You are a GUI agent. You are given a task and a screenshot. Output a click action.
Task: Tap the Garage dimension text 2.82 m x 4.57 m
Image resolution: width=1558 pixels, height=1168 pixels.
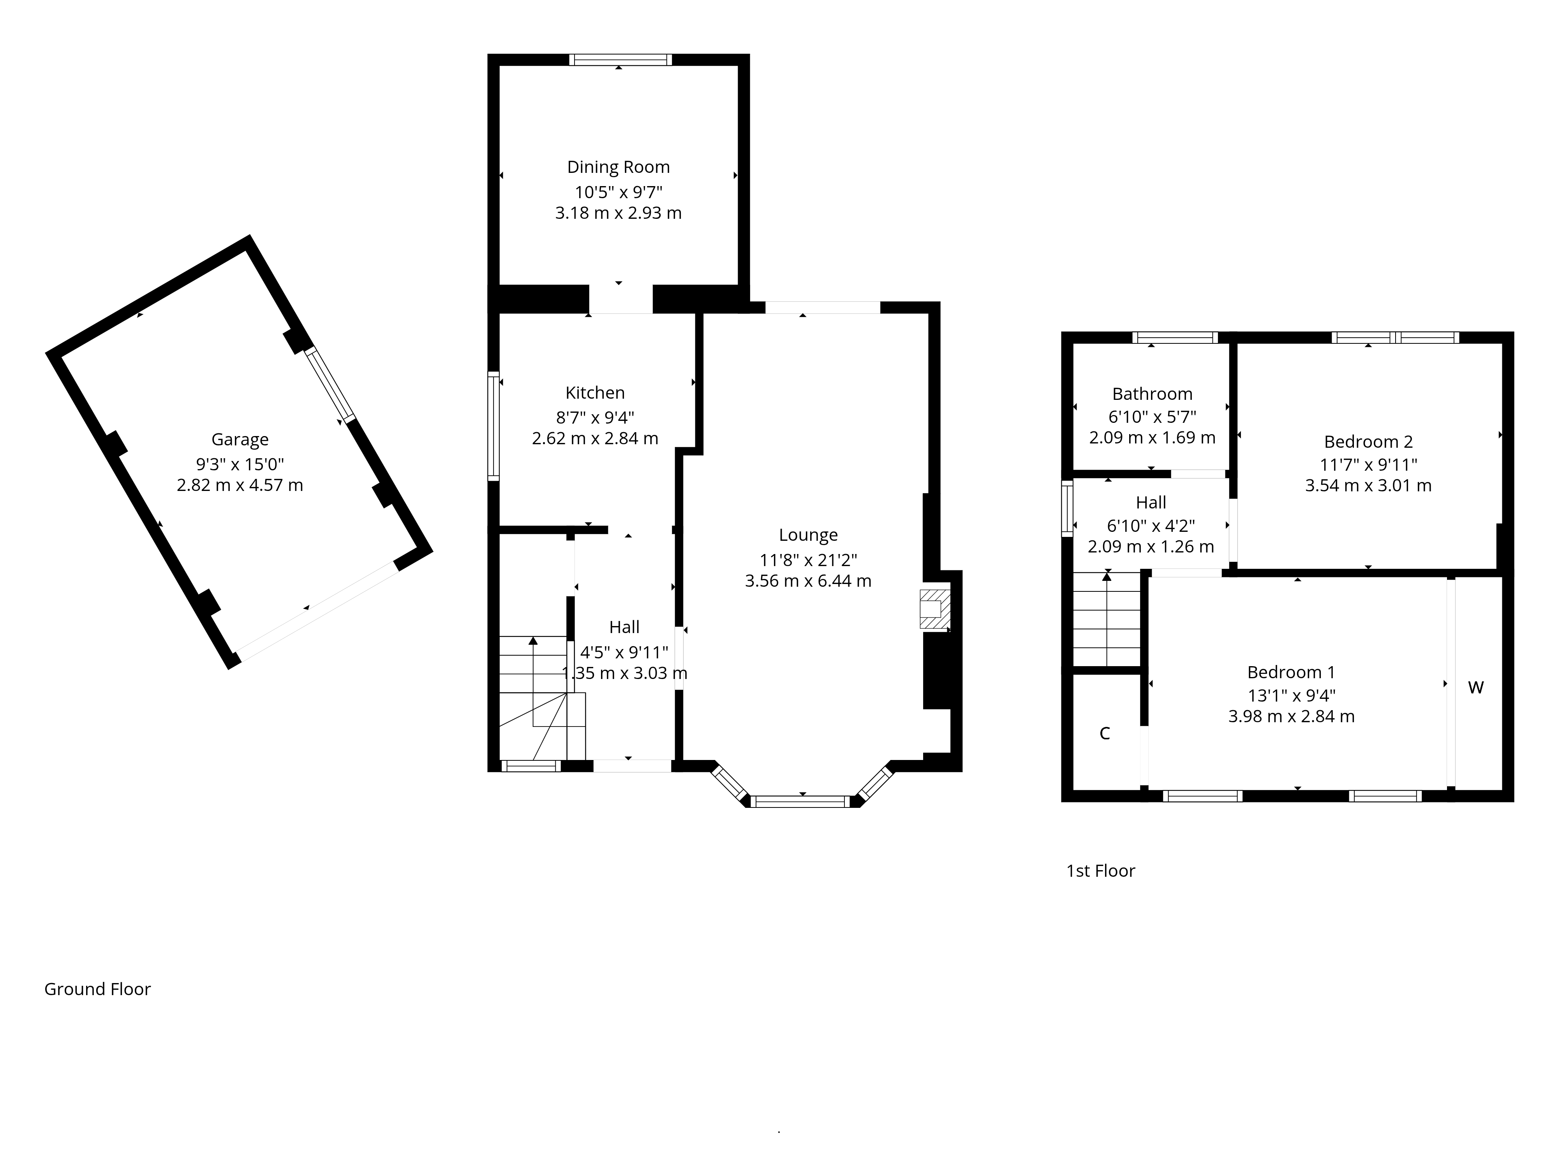coord(240,485)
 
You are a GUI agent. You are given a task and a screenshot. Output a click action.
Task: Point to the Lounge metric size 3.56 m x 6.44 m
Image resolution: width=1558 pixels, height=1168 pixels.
coord(808,581)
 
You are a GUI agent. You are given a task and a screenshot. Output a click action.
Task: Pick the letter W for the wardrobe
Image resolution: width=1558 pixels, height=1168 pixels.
coord(1475,688)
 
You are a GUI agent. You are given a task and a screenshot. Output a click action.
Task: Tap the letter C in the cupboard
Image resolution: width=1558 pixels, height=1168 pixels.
coord(1104,734)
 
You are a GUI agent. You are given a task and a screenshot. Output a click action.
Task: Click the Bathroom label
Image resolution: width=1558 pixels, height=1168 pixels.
coord(1152,394)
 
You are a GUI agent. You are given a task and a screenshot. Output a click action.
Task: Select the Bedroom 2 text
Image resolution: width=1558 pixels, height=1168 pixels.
coord(1368,442)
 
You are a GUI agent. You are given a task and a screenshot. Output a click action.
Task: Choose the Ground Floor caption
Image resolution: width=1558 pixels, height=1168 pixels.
coord(97,989)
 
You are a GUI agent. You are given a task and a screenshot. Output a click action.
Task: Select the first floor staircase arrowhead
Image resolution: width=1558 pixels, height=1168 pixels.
coord(1107,577)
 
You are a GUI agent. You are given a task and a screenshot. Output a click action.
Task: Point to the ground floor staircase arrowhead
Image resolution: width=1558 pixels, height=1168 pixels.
coord(533,641)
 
